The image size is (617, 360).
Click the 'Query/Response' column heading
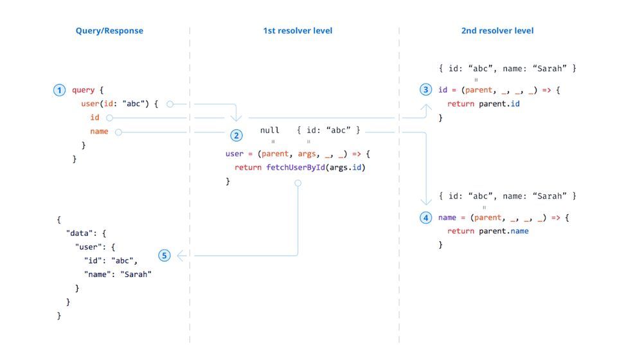point(109,30)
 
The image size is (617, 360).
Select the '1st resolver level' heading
point(297,30)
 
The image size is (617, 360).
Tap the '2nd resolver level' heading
point(497,30)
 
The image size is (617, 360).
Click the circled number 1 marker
point(59,91)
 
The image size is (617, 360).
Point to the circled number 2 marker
point(237,136)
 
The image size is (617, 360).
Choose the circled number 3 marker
point(425,90)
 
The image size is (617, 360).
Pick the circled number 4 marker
point(425,218)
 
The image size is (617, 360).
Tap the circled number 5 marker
point(165,255)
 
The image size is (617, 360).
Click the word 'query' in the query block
point(83,91)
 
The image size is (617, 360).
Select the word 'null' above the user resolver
point(270,130)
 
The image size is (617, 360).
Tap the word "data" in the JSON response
point(80,233)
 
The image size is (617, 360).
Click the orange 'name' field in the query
point(99,132)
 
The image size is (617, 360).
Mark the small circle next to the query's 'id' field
point(109,118)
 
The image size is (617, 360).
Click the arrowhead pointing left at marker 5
point(181,255)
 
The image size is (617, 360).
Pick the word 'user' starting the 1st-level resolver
point(235,154)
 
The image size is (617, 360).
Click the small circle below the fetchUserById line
point(298,183)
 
